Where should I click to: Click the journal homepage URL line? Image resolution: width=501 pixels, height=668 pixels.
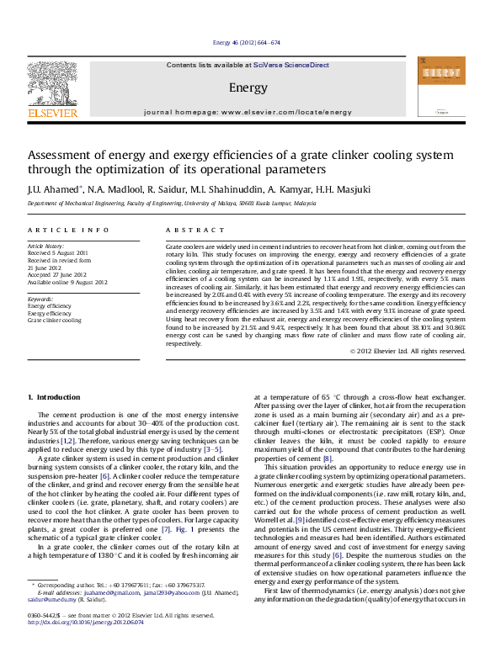248,112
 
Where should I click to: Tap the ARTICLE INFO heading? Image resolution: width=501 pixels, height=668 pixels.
56,230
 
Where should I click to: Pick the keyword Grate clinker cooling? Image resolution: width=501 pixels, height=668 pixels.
55,321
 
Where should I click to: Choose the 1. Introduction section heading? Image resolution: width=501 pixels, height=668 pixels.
54,396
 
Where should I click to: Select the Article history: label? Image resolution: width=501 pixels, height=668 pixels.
46,246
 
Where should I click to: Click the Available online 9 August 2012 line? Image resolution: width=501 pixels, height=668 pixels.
69,279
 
